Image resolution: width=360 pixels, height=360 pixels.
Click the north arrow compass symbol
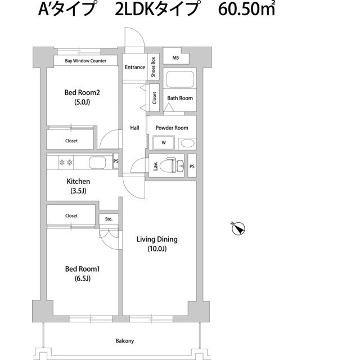pos(238,228)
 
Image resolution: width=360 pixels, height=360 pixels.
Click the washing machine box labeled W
pos(164,143)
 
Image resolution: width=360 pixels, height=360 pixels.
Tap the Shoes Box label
pos(153,67)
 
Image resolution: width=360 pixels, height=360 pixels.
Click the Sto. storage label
pos(109,219)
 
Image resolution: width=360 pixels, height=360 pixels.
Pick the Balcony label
pos(125,341)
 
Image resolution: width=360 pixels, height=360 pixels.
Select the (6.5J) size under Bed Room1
pos(82,278)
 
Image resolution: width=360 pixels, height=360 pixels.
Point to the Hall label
pos(135,128)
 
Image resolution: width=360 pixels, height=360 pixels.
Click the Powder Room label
pos(172,128)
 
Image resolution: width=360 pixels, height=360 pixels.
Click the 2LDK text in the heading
pos(134,11)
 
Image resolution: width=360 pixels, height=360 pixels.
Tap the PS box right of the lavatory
pos(192,166)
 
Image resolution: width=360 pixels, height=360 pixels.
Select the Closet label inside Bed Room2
pos(71,141)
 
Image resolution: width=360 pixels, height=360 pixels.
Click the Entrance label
pos(135,67)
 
